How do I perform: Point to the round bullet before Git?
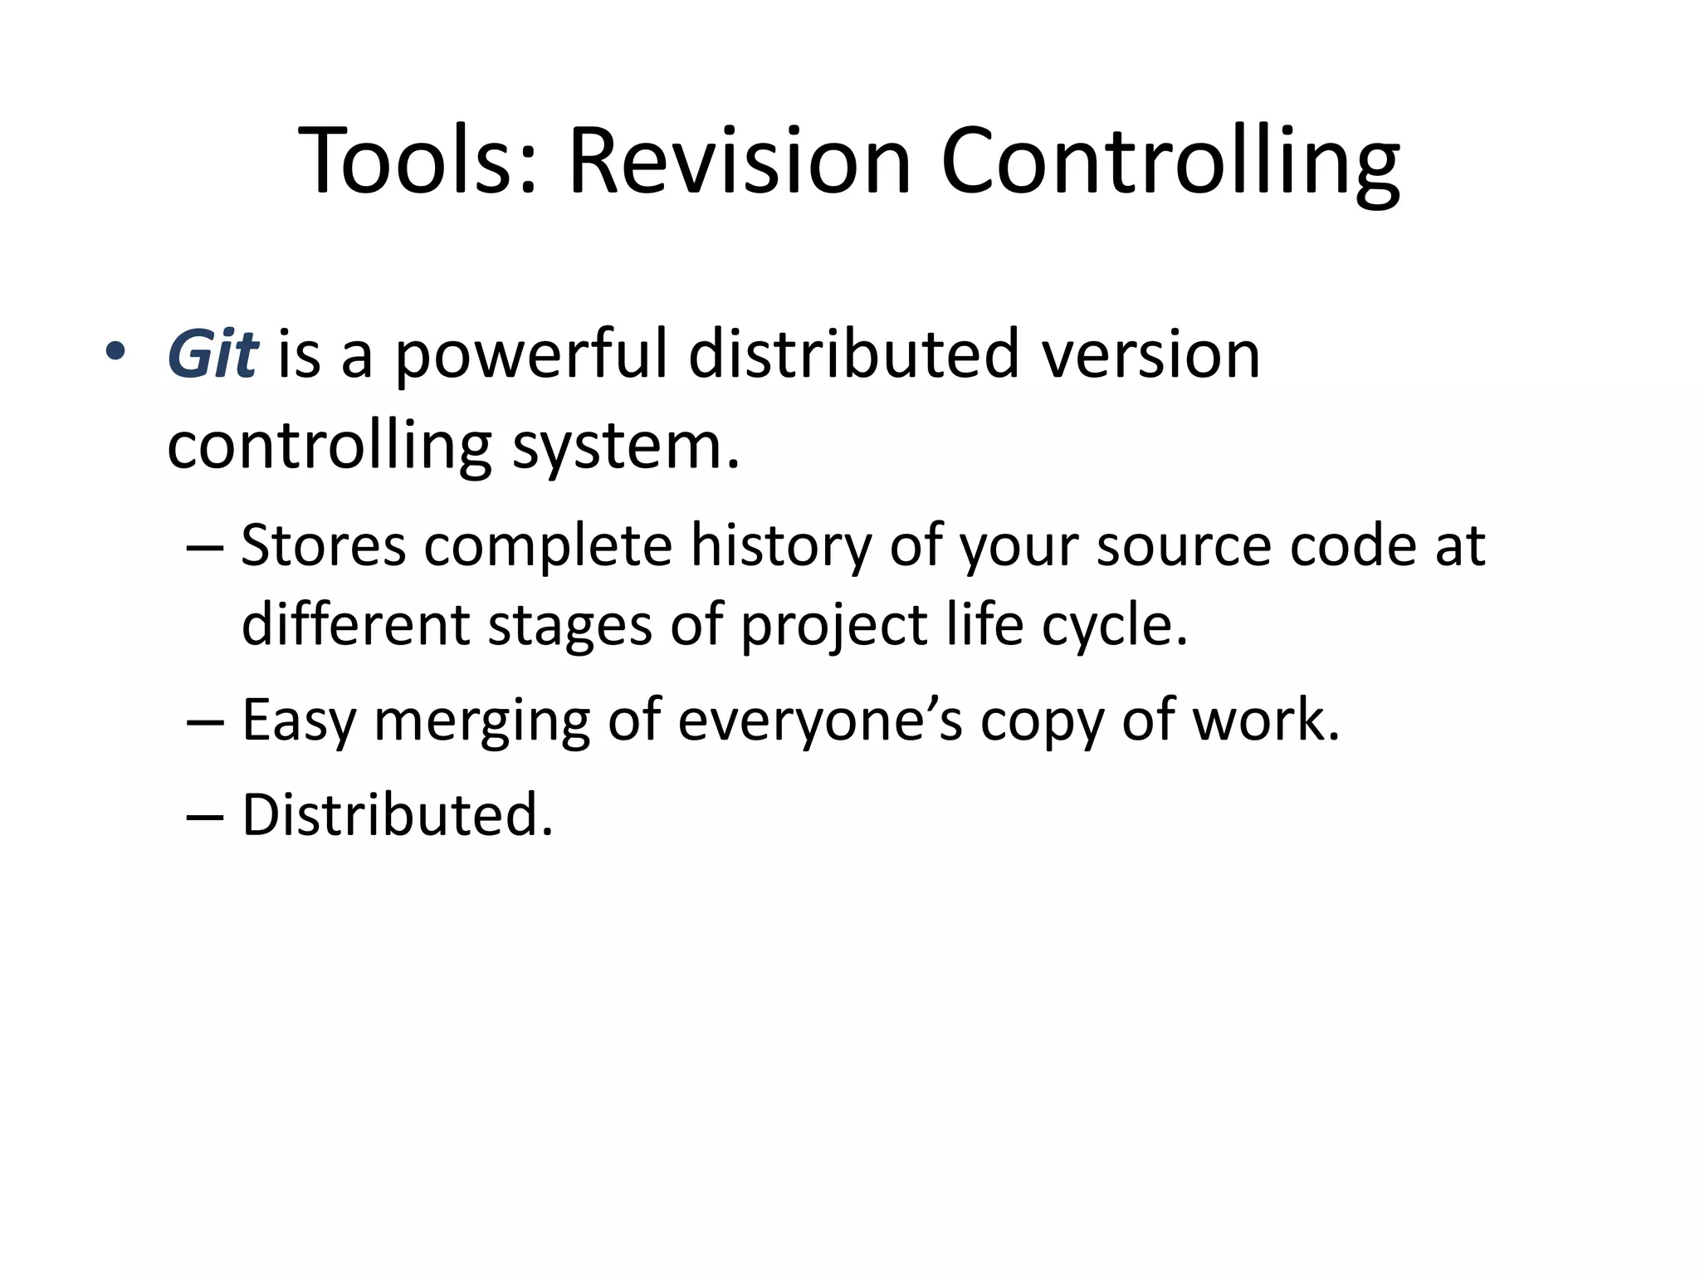click(115, 352)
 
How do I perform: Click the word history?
click(780, 545)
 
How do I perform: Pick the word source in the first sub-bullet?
click(1183, 545)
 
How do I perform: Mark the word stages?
click(569, 624)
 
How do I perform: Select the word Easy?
click(299, 720)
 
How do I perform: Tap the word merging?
click(481, 720)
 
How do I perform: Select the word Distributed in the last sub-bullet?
click(397, 814)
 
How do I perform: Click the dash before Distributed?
click(205, 816)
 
